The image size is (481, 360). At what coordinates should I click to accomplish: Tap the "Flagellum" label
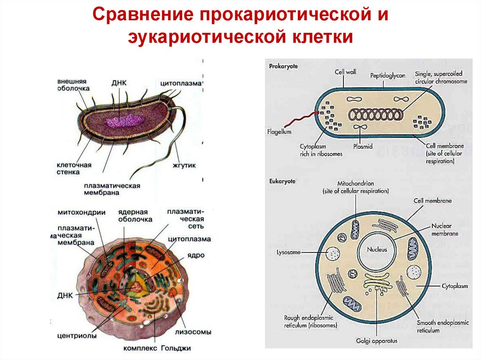(x=279, y=131)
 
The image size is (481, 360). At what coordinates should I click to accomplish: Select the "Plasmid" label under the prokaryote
(x=363, y=146)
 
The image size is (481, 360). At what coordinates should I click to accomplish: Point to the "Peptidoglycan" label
(x=388, y=75)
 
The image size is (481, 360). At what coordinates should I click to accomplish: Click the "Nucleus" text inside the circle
(x=377, y=250)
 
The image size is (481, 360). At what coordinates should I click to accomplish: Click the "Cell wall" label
(x=346, y=72)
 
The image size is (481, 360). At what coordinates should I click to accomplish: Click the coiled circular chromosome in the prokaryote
(x=375, y=115)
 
